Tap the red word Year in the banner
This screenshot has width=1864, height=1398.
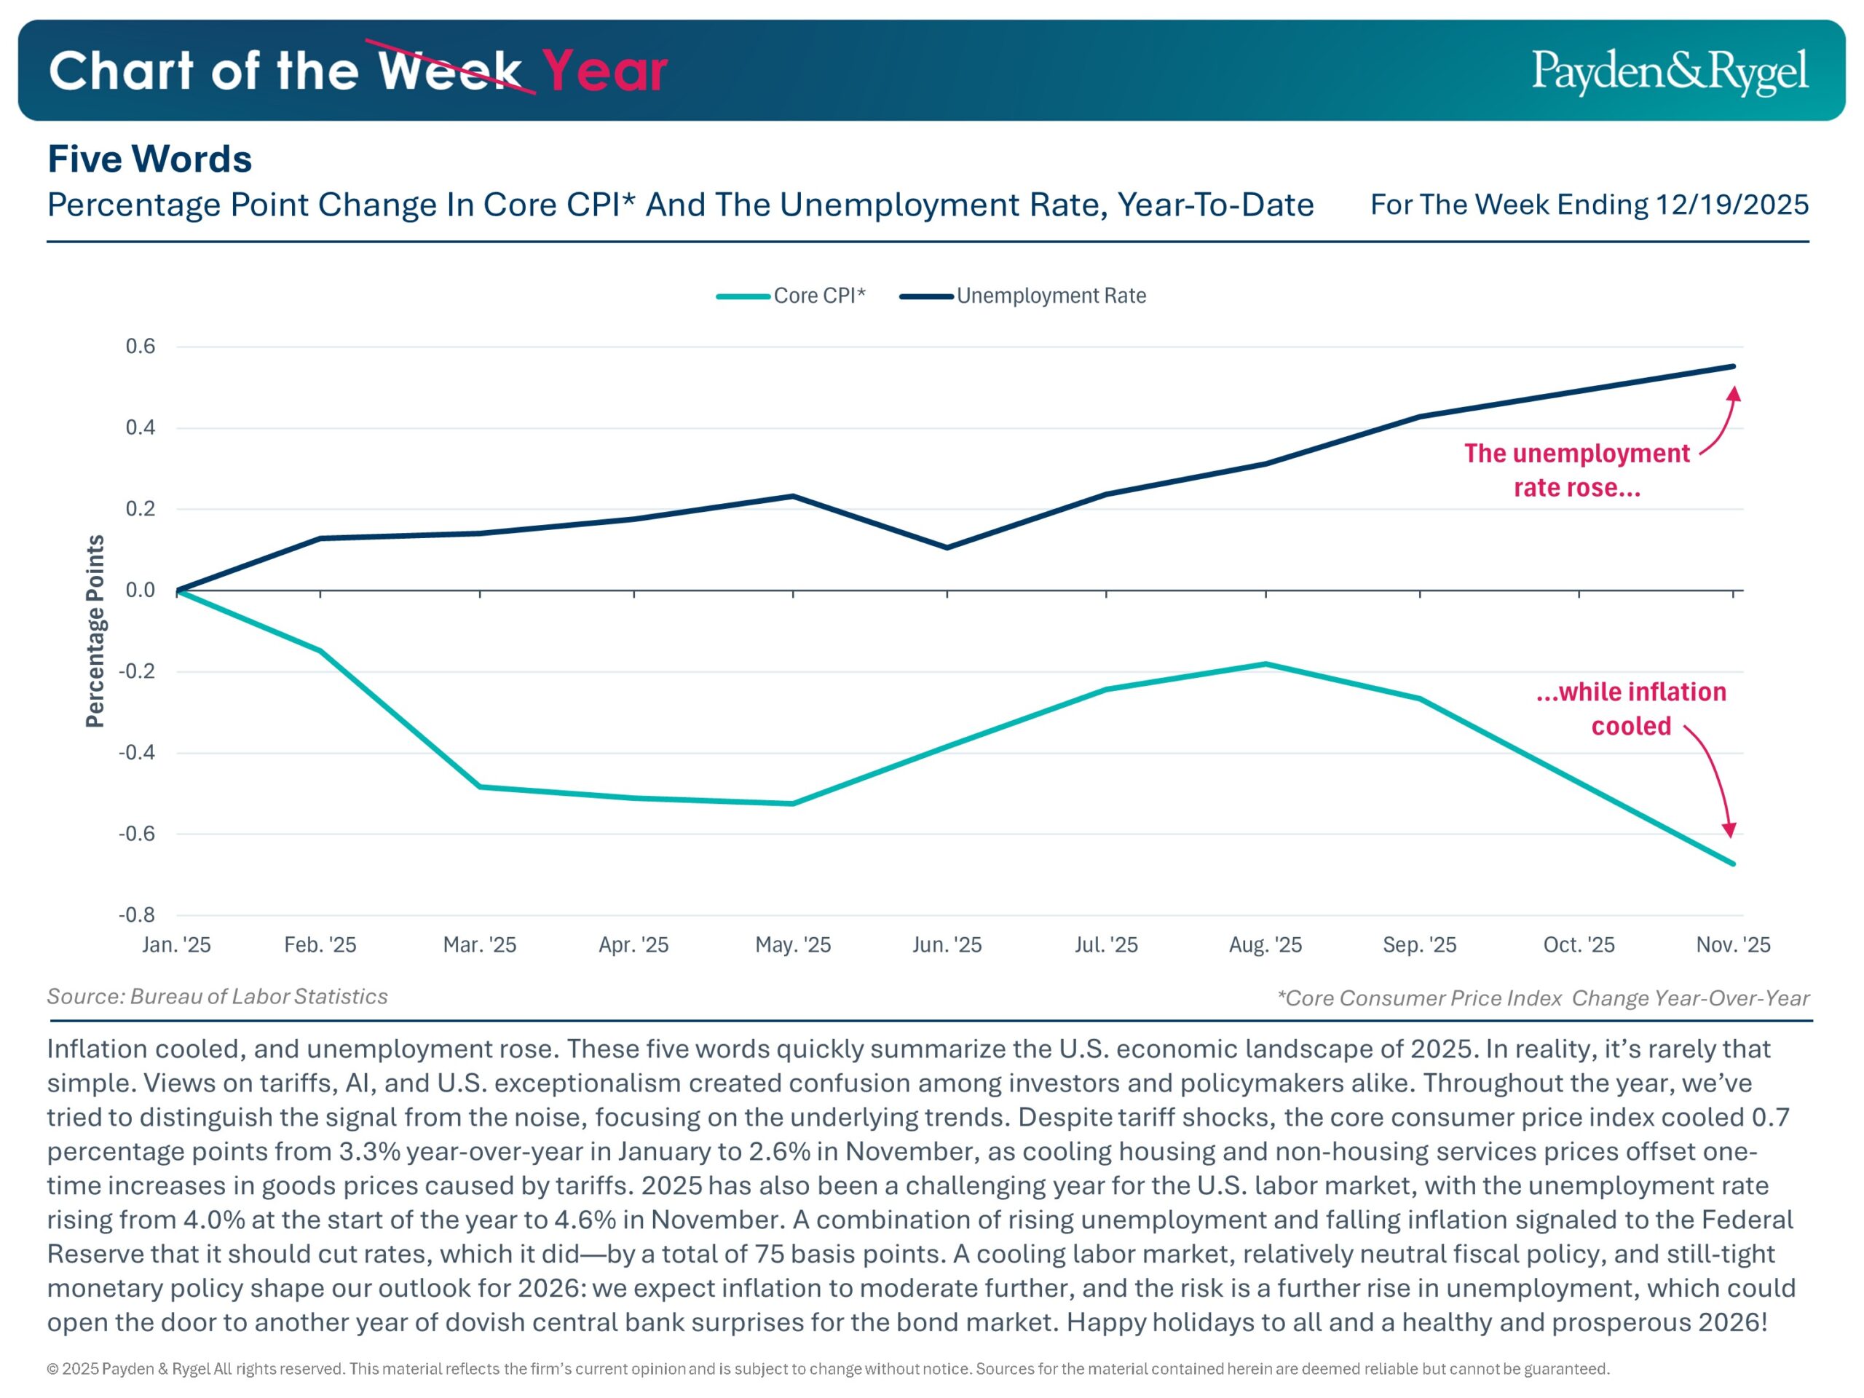[604, 71]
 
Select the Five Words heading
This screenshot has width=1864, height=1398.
[149, 159]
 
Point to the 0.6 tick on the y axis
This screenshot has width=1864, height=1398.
[141, 347]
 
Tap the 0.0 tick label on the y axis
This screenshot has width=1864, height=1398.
[141, 590]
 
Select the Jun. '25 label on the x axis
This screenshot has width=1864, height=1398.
[947, 944]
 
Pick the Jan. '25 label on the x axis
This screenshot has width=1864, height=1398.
[176, 944]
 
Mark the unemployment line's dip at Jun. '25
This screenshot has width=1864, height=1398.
[947, 548]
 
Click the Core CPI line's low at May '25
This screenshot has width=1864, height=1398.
[793, 803]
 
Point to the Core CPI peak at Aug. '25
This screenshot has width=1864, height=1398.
[1265, 664]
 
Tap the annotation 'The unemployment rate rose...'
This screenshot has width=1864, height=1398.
[1576, 470]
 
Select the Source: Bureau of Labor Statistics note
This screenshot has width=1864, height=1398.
[218, 996]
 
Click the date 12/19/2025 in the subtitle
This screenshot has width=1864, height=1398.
[1731, 205]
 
